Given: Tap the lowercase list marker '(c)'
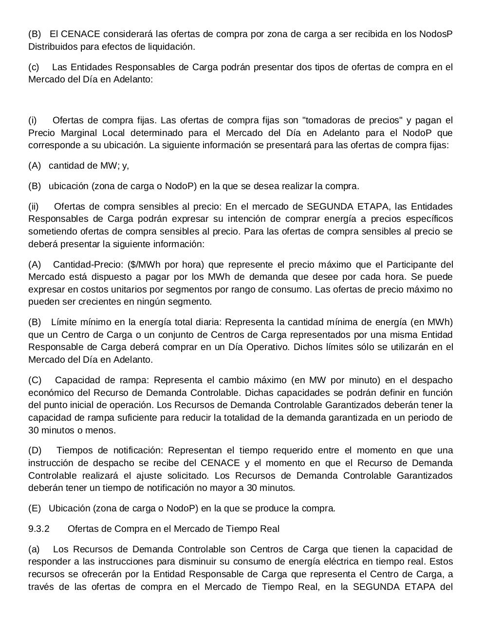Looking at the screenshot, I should [34, 67].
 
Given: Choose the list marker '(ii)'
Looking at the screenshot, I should [34, 207].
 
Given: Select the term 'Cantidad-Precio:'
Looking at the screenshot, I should [88, 265].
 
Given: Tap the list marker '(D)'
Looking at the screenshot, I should [35, 450].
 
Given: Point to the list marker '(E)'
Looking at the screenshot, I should [35, 508].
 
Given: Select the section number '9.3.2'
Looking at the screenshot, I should [39, 529].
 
